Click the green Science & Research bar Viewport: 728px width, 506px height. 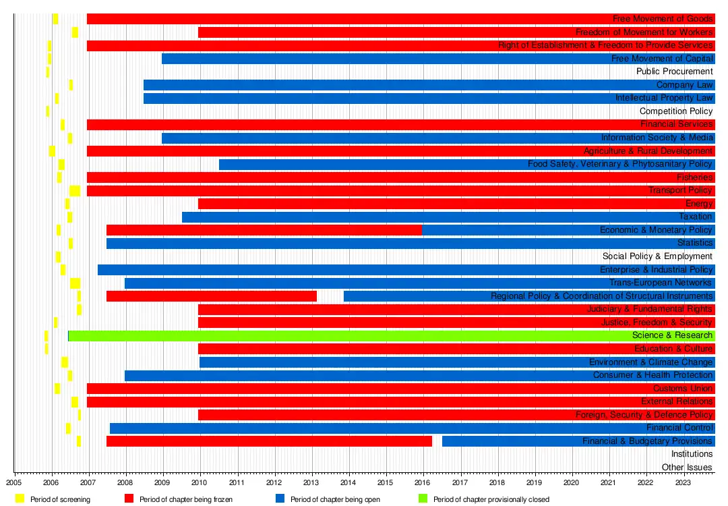[x=337, y=335]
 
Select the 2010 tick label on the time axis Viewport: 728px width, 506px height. [x=199, y=483]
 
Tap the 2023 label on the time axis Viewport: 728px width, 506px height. [x=683, y=483]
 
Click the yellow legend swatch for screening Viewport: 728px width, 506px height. [x=20, y=499]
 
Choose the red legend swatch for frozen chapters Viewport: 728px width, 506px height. [x=129, y=499]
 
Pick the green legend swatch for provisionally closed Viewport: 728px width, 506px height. [x=423, y=499]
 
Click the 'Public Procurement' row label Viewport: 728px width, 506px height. [x=674, y=72]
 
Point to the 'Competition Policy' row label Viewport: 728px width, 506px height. [x=675, y=111]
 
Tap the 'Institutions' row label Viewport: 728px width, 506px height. [x=692, y=454]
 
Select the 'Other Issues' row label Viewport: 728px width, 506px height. [x=687, y=468]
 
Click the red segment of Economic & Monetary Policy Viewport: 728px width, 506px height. [x=263, y=230]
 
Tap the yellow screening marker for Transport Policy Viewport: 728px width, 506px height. [x=75, y=191]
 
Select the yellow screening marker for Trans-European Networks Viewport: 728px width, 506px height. [x=75, y=283]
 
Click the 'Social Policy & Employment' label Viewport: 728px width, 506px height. [x=657, y=256]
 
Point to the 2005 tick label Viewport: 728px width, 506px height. [x=15, y=483]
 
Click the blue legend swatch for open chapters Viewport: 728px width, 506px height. [x=280, y=499]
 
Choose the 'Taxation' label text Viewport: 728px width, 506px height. [x=696, y=217]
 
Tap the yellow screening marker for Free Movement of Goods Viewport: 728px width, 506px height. [x=55, y=19]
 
